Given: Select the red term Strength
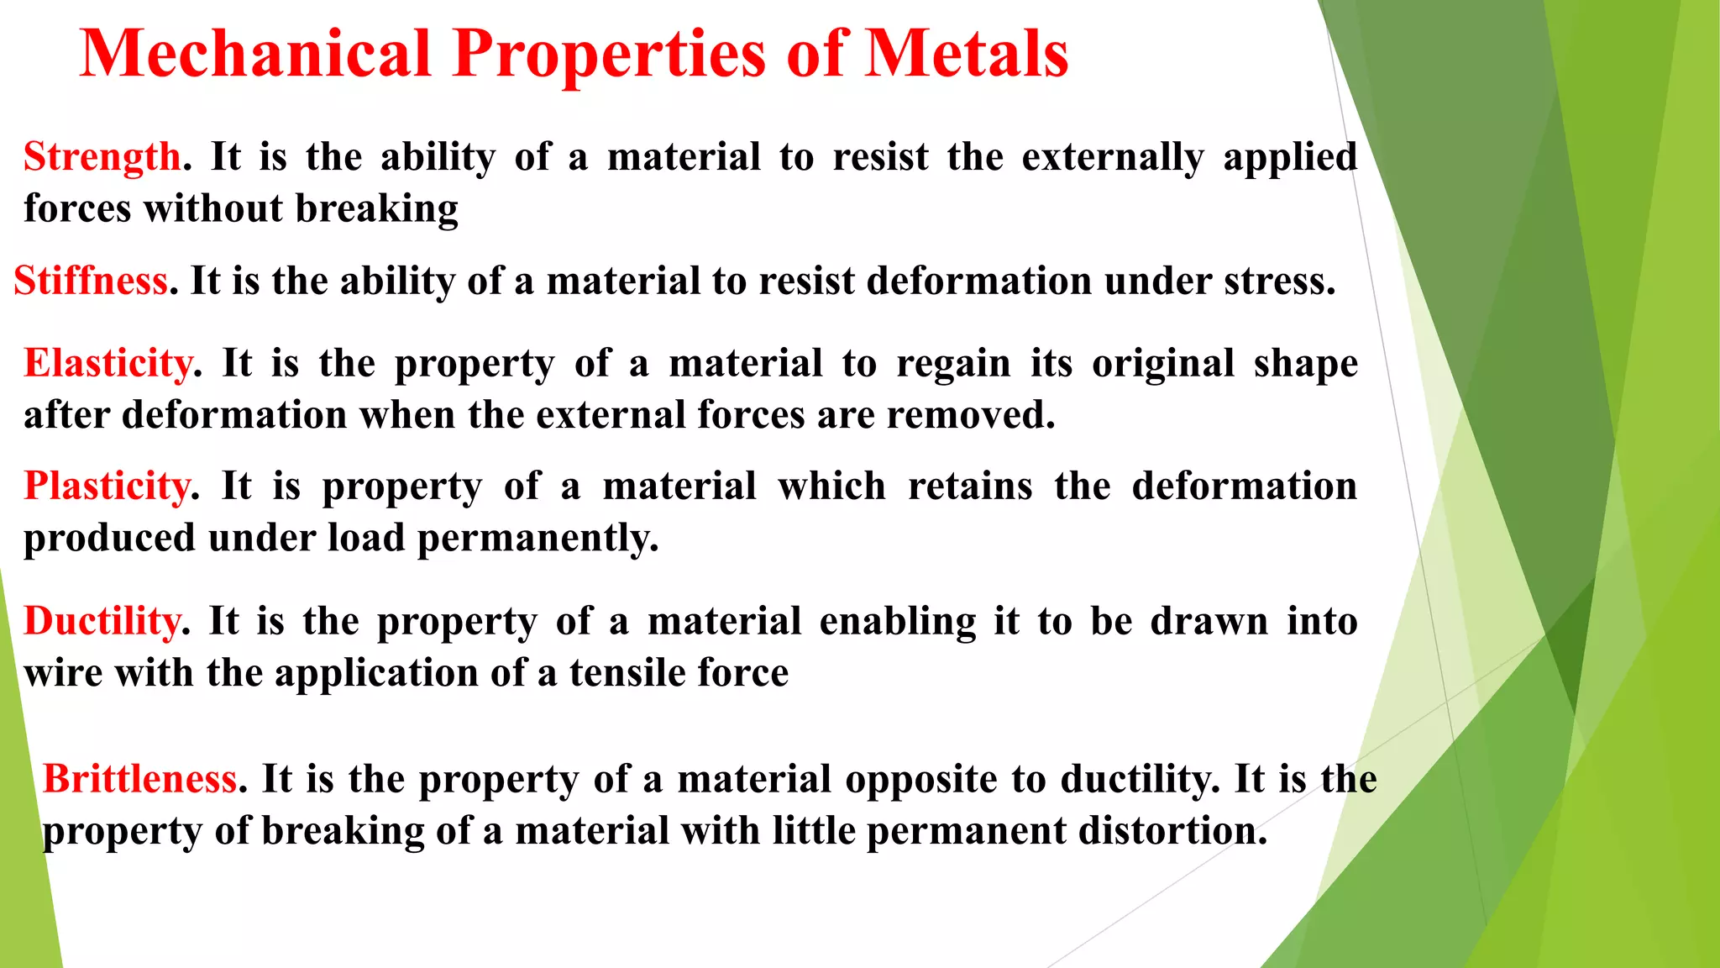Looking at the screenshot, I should click(102, 157).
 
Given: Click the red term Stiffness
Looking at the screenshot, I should click(91, 281).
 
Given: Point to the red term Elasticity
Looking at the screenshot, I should click(108, 364).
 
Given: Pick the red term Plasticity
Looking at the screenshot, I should click(107, 487).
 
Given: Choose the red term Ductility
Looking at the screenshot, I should click(102, 622).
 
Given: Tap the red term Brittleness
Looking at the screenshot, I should click(139, 779).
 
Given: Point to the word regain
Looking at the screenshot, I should click(953, 364).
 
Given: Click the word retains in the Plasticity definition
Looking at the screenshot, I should click(969, 487).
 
